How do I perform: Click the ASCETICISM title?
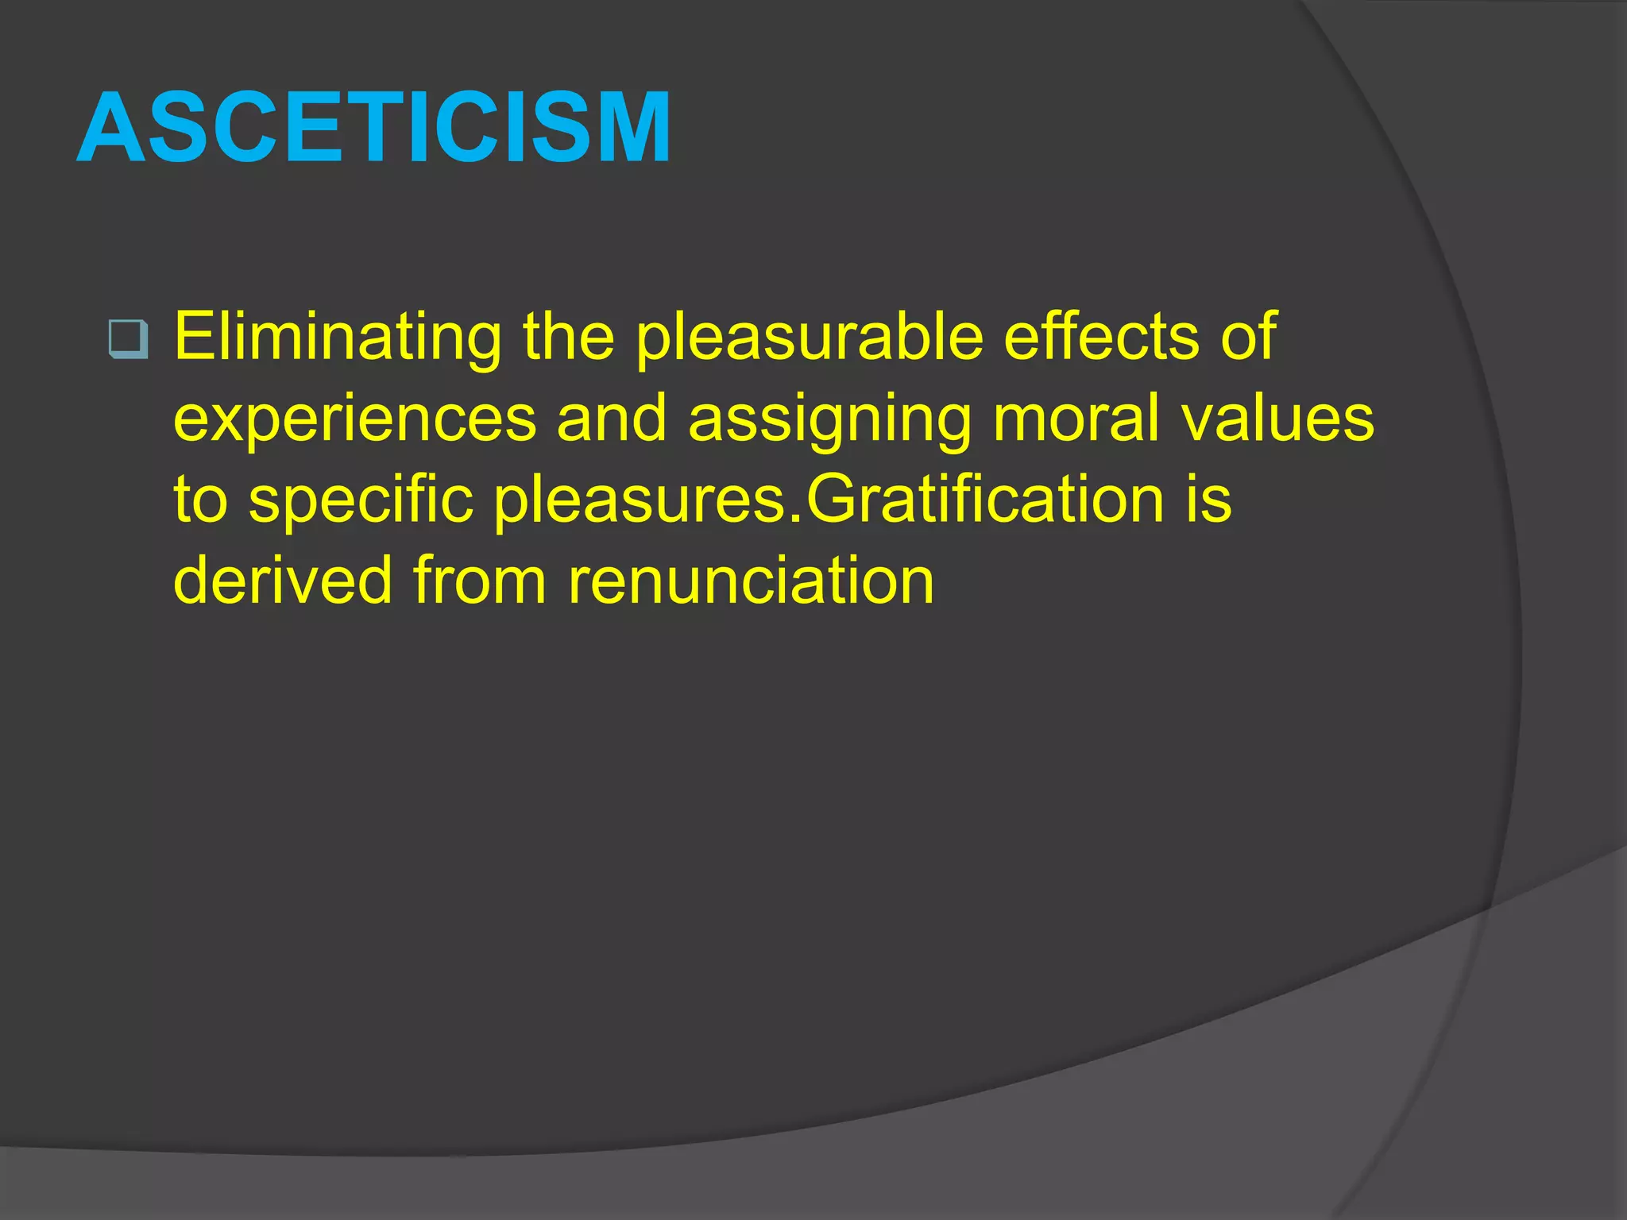(x=374, y=128)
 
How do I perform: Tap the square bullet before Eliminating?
(x=127, y=339)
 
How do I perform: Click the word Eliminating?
(x=338, y=337)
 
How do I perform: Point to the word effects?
(x=1101, y=337)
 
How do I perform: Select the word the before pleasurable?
(x=568, y=337)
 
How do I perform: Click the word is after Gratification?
(x=1208, y=500)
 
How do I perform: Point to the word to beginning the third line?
(x=201, y=500)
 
